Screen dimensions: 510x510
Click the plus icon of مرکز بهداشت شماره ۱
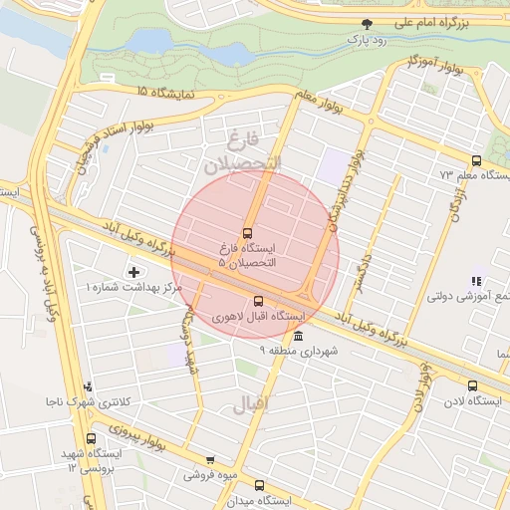point(134,272)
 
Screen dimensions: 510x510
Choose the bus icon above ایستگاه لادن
point(472,385)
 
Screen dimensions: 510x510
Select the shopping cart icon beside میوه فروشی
point(210,460)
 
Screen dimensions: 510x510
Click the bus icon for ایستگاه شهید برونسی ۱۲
point(92,438)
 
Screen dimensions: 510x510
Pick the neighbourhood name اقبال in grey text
point(249,405)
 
